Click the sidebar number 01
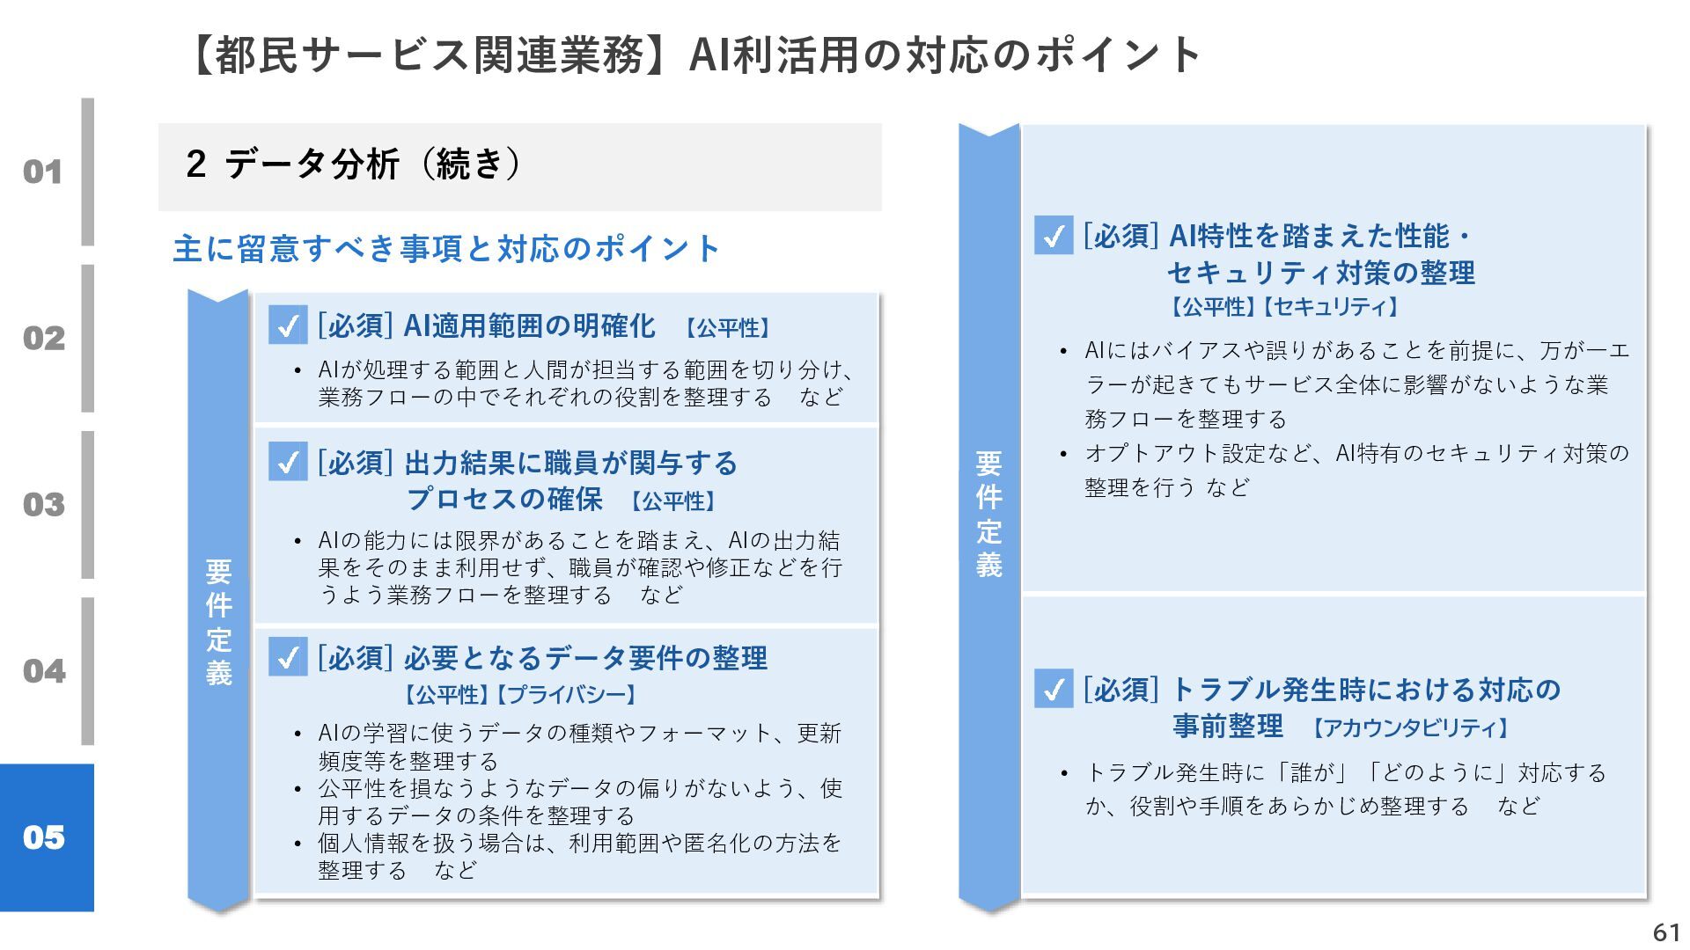42,172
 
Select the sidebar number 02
43,338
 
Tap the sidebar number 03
43,504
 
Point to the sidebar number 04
43,671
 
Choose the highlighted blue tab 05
45,837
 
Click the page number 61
1666,932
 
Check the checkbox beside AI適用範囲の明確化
288,325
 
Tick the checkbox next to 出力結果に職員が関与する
288,462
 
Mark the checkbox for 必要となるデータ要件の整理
288,657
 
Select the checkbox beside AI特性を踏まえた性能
1054,236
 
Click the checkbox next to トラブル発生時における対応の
1054,689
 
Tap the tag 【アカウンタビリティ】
1410,728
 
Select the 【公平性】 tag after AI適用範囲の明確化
728,328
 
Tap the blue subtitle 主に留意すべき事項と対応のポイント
446,249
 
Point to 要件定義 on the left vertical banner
218,622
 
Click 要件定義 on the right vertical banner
988,514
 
